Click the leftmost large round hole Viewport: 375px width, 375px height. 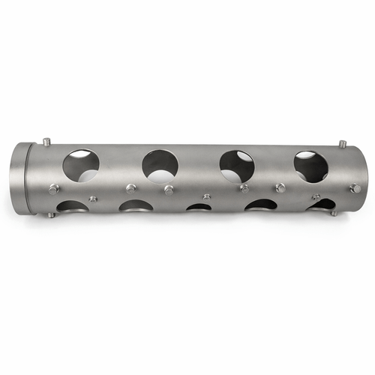[81, 165]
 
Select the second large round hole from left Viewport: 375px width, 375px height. [160, 166]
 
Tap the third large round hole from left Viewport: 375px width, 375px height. [236, 166]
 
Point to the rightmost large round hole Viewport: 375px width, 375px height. [310, 166]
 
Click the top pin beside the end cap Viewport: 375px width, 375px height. [46, 141]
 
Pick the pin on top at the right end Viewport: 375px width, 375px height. [342, 142]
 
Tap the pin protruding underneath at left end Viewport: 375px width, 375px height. [50, 215]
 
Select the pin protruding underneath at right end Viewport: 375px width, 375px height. [334, 213]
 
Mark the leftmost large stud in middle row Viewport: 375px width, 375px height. [54, 190]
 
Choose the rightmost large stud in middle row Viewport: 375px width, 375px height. [355, 187]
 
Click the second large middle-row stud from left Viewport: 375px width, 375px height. [131, 188]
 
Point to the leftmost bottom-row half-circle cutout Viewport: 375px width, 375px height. [72, 205]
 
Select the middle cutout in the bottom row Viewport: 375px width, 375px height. [199, 206]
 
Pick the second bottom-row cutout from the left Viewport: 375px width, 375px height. [136, 205]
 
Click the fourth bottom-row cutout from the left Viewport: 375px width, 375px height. [261, 205]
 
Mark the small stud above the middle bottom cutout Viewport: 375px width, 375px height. [206, 197]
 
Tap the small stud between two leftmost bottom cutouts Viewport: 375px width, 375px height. [93, 199]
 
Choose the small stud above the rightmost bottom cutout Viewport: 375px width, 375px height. [316, 196]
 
